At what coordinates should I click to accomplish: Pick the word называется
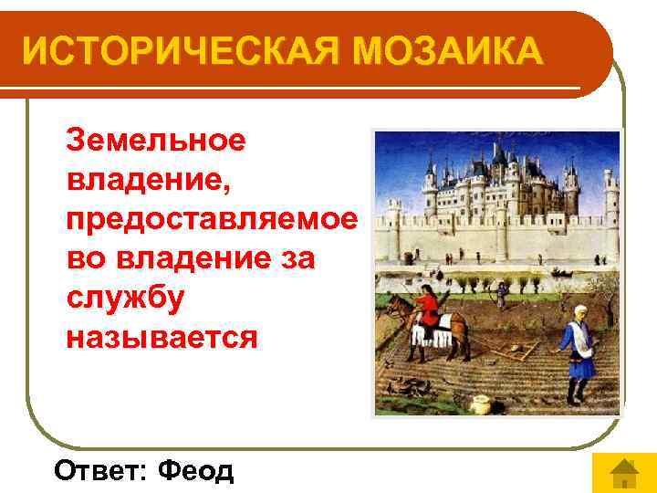(x=162, y=338)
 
